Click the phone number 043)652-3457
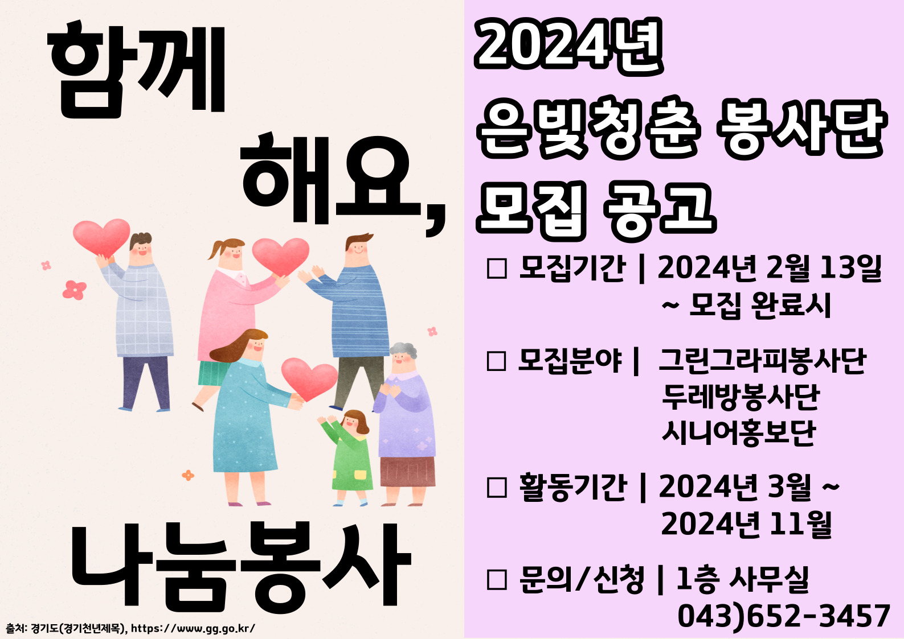tap(783, 616)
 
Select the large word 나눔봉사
tap(241, 566)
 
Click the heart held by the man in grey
tap(101, 238)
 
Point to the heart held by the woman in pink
tap(280, 257)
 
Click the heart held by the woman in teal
tap(309, 379)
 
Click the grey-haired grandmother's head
tap(403, 357)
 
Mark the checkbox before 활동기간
tap(497, 488)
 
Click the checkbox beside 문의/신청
tap(497, 580)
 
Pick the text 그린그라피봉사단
tap(762, 361)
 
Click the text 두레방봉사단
tap(741, 397)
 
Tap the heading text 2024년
tap(569, 46)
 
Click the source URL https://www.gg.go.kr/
tap(193, 628)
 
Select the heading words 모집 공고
tap(596, 211)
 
